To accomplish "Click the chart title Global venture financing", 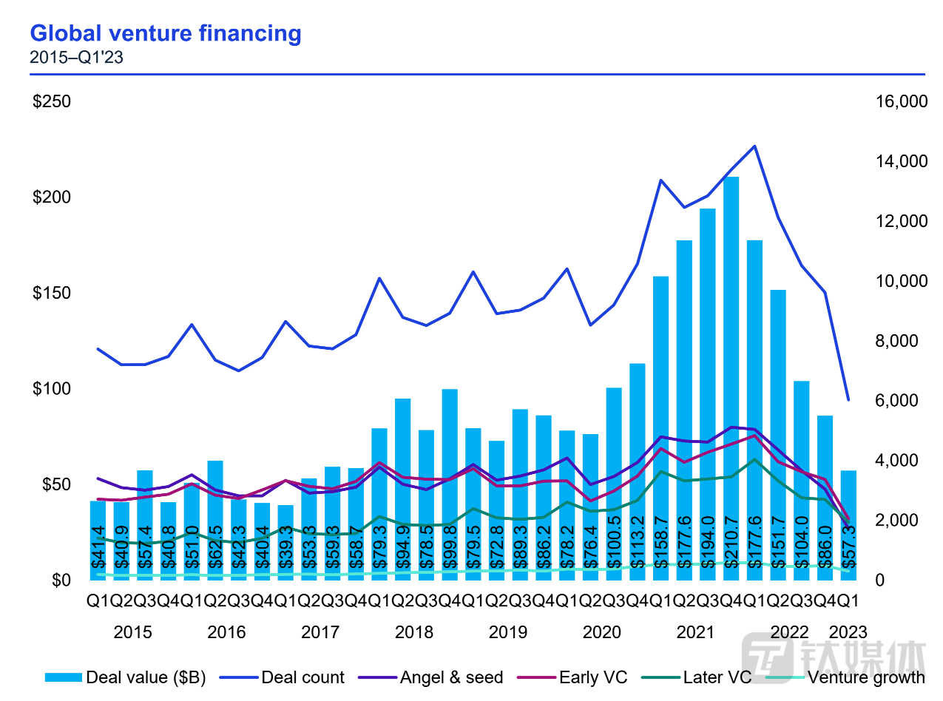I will [x=166, y=33].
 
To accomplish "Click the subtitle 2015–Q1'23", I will [x=76, y=57].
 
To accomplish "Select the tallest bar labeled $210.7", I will [x=731, y=377].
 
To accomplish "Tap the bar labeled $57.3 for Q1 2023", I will [x=848, y=525].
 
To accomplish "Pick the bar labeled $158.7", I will [x=660, y=429].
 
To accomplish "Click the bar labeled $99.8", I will [x=449, y=484].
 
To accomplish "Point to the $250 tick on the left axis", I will [x=52, y=101].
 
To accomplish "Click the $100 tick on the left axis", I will [x=52, y=389].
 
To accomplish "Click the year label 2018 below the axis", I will [x=414, y=633].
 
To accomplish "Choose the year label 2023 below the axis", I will [x=848, y=633].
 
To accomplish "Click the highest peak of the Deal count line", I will [x=754, y=146].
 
